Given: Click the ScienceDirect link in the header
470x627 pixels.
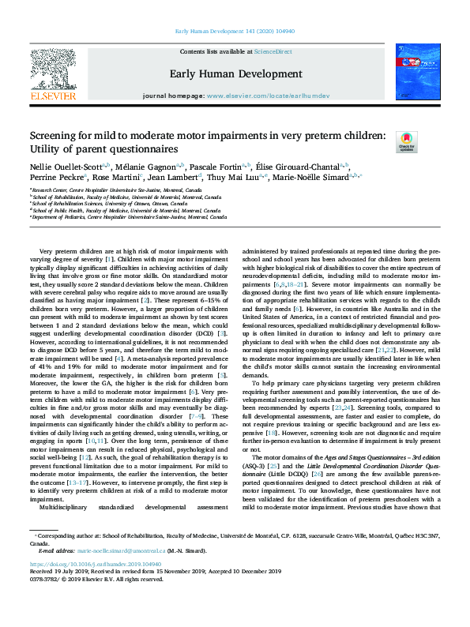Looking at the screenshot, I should point(273,51).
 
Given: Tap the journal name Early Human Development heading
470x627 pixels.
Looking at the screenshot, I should point(235,74).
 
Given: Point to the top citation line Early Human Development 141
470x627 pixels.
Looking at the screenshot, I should point(235,32).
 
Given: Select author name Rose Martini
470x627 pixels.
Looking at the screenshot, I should point(119,178).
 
